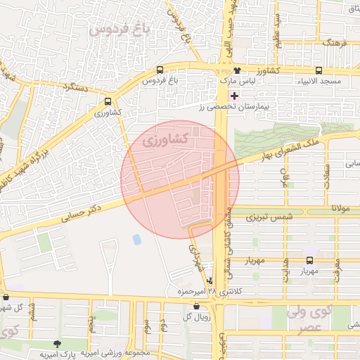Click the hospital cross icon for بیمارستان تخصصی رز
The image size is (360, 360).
click(x=234, y=95)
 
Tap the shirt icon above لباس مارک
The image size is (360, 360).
click(x=237, y=70)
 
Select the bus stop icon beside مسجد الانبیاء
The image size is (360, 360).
click(x=319, y=71)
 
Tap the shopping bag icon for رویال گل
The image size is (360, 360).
click(x=195, y=306)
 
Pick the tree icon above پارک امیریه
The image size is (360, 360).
click(x=56, y=344)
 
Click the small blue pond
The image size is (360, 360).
click(x=136, y=240)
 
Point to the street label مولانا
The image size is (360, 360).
click(x=342, y=210)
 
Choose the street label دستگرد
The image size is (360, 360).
click(x=78, y=87)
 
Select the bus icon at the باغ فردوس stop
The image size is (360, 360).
click(x=160, y=70)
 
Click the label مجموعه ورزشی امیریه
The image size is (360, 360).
click(x=115, y=352)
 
